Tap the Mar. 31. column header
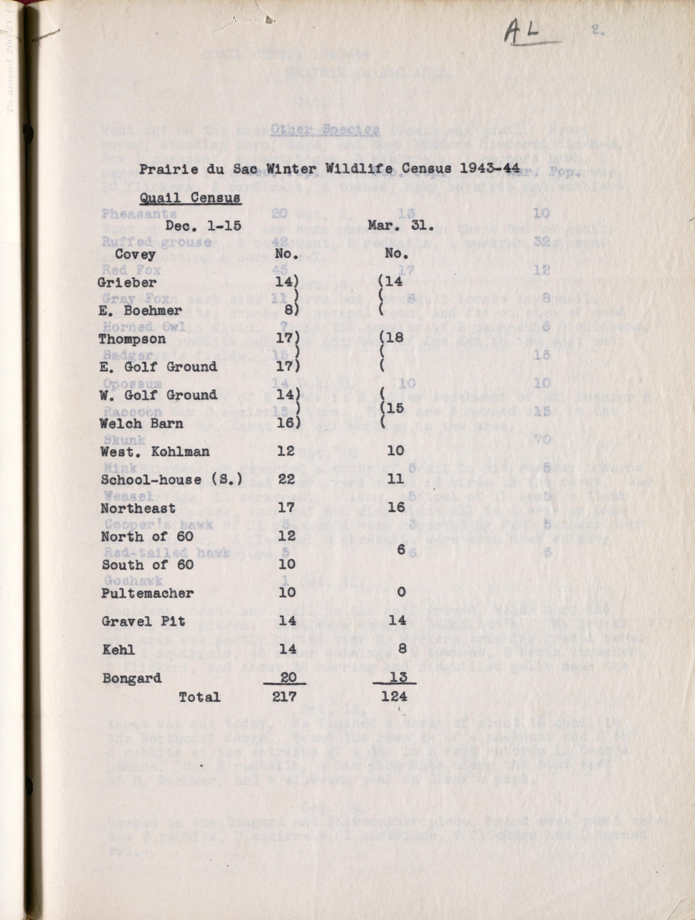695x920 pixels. click(400, 226)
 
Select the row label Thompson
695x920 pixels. click(132, 339)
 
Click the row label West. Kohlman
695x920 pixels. click(155, 452)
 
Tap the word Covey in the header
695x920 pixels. click(135, 254)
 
